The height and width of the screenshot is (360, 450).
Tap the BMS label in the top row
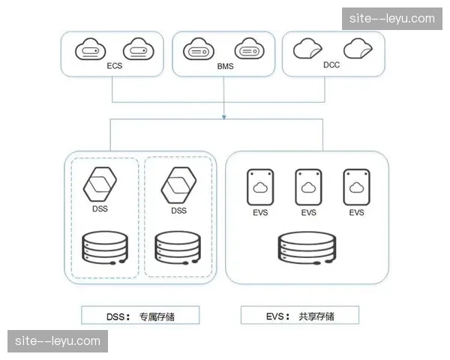click(x=224, y=66)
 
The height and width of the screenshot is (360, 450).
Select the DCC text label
click(x=331, y=65)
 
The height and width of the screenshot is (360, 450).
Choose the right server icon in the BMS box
click(x=249, y=51)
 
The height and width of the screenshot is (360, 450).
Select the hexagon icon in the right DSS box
click(x=178, y=184)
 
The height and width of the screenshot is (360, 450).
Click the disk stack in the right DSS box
click(x=178, y=250)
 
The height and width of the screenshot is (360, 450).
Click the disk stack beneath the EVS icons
click(x=308, y=250)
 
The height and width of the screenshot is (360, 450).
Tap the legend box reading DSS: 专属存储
click(x=141, y=314)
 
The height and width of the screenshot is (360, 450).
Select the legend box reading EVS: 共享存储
click(x=300, y=314)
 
